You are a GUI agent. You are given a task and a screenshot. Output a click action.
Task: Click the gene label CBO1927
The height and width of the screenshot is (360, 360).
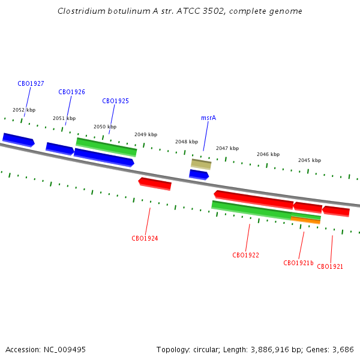31,83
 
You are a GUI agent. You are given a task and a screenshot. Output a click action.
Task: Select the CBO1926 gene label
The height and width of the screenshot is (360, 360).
71,92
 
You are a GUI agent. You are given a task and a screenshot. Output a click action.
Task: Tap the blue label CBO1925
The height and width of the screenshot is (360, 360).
115,101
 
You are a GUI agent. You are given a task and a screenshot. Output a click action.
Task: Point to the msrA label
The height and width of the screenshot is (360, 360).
208,118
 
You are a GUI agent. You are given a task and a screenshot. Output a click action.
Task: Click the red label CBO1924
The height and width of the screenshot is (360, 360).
145,238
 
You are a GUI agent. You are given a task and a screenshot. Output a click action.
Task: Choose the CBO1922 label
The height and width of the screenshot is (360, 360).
245,255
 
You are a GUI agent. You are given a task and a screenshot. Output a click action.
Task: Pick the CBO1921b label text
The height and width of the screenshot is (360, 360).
298,263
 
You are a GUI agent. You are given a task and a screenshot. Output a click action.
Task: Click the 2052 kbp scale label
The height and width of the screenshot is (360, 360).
24,110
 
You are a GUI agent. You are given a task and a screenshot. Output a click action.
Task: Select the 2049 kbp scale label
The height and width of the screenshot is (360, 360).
146,134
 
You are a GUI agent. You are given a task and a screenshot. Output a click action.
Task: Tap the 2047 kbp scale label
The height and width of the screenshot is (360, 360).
227,148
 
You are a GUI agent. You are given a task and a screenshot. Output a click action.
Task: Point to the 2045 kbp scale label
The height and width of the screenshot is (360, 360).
310,160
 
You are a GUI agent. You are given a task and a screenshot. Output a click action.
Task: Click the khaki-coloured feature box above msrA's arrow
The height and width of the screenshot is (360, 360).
201,164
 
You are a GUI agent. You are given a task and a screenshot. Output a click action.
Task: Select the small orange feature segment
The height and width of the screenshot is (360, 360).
305,220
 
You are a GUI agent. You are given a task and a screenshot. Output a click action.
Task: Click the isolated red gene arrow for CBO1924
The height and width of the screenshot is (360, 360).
155,184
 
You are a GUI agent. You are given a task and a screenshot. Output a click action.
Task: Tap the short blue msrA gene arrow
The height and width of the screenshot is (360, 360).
199,175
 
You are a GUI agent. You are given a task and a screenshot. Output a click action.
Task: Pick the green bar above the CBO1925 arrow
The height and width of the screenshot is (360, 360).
106,147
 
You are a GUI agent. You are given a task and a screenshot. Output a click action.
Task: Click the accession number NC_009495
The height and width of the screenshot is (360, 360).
65,350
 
